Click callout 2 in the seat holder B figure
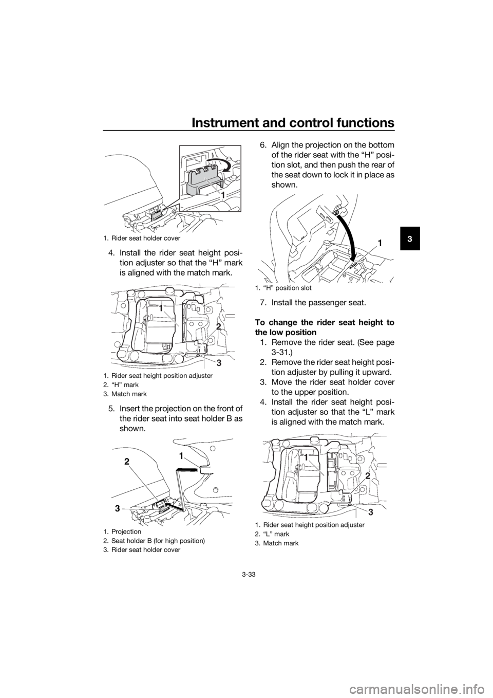[126, 462]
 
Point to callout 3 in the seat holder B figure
[117, 508]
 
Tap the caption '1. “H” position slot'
[282, 288]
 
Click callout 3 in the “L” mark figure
[371, 511]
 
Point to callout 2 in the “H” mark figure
[218, 326]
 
